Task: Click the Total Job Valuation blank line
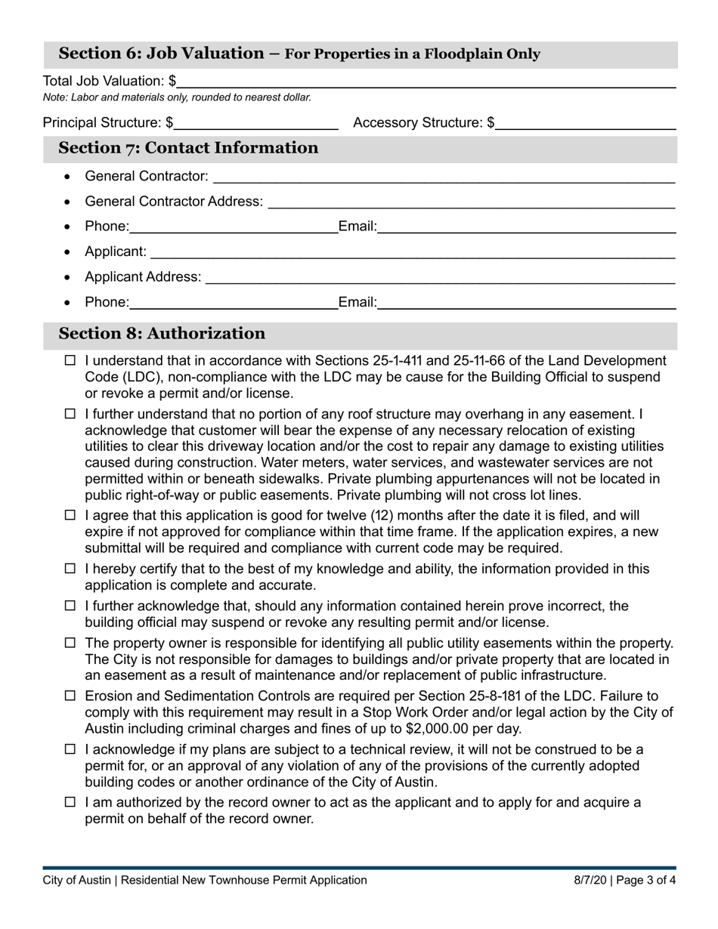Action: click(427, 81)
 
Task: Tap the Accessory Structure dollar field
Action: click(585, 122)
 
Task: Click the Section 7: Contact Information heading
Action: click(188, 148)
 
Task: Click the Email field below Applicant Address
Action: click(526, 303)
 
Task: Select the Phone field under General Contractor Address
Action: click(234, 227)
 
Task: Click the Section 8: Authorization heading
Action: click(162, 334)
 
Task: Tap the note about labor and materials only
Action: click(177, 97)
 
